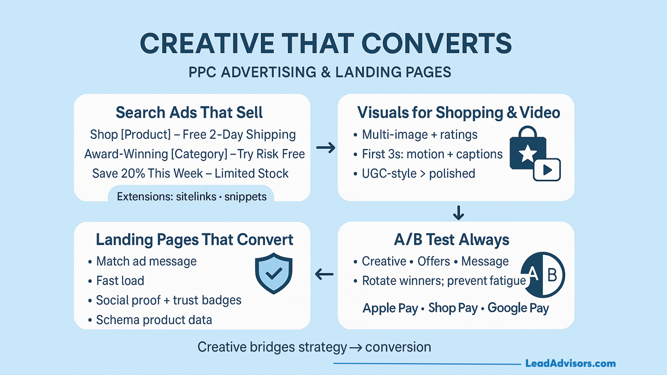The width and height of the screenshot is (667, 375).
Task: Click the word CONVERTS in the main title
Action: [x=436, y=43]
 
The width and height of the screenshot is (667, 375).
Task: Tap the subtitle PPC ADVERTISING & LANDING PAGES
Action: [x=320, y=72]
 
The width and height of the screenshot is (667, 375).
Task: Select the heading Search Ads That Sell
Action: [x=189, y=112]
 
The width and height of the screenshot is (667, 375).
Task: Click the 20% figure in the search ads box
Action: [x=133, y=173]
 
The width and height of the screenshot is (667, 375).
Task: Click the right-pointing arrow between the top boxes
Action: [x=326, y=148]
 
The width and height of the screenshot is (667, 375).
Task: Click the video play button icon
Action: [x=547, y=170]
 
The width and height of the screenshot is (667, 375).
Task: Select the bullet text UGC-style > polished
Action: [x=418, y=173]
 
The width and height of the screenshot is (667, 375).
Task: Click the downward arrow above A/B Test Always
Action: [x=459, y=212]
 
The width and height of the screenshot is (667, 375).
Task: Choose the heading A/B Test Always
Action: [x=452, y=240]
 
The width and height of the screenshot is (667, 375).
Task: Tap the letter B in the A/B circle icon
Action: [x=552, y=275]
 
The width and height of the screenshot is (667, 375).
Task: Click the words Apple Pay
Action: [x=390, y=308]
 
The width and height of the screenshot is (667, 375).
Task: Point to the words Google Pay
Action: [x=518, y=308]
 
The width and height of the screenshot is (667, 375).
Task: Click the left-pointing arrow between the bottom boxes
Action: [x=324, y=274]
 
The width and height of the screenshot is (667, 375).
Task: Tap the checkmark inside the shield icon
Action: [x=274, y=273]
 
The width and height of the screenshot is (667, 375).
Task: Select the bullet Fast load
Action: [x=120, y=281]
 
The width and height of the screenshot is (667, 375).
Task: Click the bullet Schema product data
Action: [x=154, y=320]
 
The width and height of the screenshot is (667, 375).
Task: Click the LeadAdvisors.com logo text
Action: [x=570, y=364]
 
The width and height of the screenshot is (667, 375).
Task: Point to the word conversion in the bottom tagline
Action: [x=398, y=347]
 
